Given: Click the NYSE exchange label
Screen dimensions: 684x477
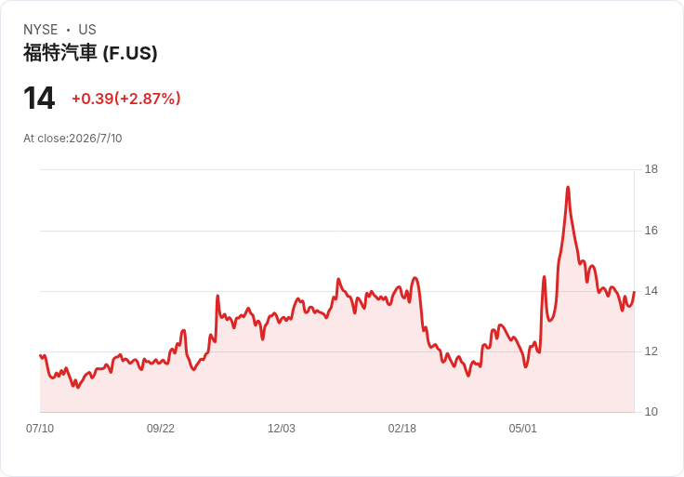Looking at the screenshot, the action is pyautogui.click(x=41, y=30).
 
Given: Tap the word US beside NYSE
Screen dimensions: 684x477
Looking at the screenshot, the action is pyautogui.click(x=87, y=30).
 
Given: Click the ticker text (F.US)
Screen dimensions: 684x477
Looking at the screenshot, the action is pyautogui.click(x=130, y=53).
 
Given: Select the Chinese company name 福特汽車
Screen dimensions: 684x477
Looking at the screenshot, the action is pyautogui.click(x=59, y=53).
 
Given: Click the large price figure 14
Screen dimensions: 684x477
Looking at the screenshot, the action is pyautogui.click(x=39, y=99).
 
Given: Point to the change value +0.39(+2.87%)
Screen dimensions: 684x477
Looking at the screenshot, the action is pyautogui.click(x=126, y=99).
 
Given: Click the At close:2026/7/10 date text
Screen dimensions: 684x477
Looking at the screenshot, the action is pyautogui.click(x=72, y=139).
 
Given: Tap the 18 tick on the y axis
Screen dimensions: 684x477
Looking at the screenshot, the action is pyautogui.click(x=651, y=169).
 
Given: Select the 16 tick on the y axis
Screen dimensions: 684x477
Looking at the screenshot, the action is pyautogui.click(x=651, y=231).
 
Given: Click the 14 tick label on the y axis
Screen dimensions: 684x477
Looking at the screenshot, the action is pyautogui.click(x=651, y=291).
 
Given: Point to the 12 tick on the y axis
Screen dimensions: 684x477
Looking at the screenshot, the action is pyautogui.click(x=651, y=351).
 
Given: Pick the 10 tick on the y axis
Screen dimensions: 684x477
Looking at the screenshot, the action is pyautogui.click(x=651, y=412).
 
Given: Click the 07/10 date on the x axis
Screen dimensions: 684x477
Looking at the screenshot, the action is pyautogui.click(x=40, y=429).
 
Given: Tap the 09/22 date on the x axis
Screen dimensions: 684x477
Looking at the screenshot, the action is pyautogui.click(x=161, y=429).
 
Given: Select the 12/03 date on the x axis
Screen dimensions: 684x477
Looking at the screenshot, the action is pyautogui.click(x=282, y=429).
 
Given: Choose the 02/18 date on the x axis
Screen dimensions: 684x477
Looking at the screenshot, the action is pyautogui.click(x=402, y=429).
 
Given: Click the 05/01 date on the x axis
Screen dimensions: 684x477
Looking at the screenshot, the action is pyautogui.click(x=522, y=429).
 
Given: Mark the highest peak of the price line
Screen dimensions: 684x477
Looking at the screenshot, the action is pyautogui.click(x=568, y=187).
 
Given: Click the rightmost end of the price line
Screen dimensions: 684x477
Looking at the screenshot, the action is pyautogui.click(x=634, y=292).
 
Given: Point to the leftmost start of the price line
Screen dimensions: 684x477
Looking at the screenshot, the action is pyautogui.click(x=40, y=355).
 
